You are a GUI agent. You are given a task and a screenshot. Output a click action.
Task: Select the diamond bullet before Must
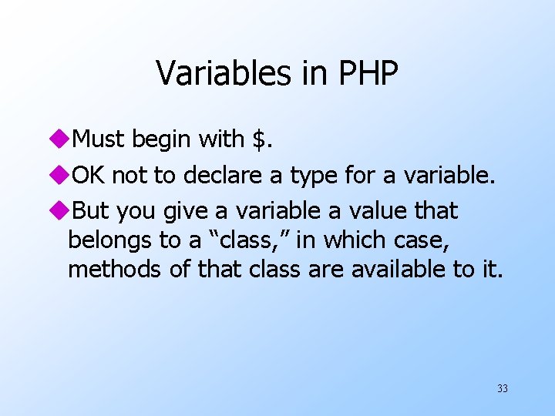62,140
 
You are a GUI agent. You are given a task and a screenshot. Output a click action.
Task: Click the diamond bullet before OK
62,176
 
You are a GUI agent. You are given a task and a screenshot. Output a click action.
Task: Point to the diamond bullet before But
62,211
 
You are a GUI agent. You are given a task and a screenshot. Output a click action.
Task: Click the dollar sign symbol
260,139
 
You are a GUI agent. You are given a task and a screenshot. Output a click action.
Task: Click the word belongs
109,240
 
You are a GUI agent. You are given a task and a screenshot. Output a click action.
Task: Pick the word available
422,270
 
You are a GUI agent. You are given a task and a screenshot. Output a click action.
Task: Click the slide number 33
502,388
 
